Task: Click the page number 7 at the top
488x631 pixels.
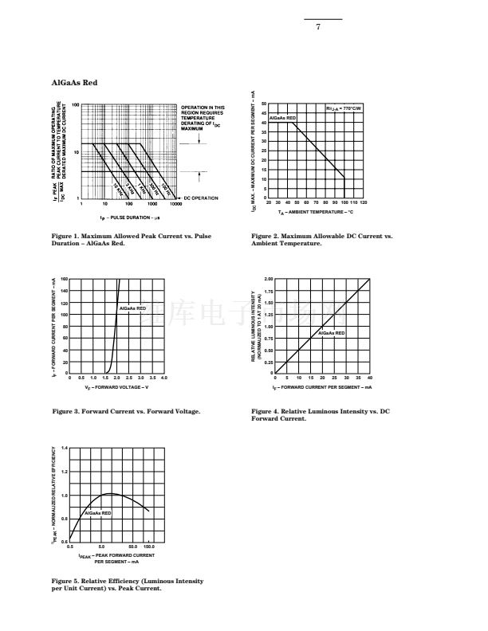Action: click(318, 27)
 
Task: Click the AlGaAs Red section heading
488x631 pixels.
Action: click(74, 83)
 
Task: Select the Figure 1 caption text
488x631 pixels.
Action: click(132, 239)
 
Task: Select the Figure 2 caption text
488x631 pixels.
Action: click(321, 239)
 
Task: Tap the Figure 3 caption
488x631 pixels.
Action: click(126, 411)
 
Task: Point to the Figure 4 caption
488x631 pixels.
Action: click(320, 414)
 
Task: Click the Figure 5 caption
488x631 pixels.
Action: click(128, 585)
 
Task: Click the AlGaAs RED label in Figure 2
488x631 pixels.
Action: click(282, 118)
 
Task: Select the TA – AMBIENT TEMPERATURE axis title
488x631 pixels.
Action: click(316, 213)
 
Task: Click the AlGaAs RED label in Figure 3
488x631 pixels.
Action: click(133, 308)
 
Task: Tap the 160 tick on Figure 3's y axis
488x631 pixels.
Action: click(64, 280)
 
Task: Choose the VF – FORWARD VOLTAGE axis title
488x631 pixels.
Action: click(116, 387)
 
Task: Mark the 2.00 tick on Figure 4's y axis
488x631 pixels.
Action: click(269, 280)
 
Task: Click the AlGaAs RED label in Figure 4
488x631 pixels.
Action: click(332, 333)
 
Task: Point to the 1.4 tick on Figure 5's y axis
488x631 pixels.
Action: click(65, 449)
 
